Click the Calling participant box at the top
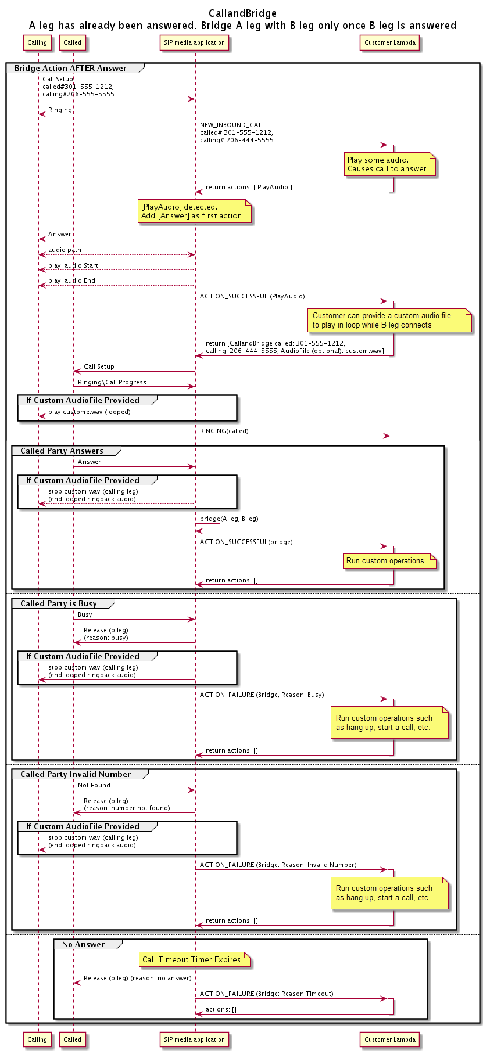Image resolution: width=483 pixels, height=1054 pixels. click(37, 42)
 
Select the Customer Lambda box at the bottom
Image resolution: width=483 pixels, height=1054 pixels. click(390, 1039)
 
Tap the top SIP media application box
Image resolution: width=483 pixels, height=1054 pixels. click(194, 42)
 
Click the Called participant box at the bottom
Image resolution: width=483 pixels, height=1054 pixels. click(73, 1039)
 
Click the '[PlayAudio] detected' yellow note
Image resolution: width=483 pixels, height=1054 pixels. click(194, 211)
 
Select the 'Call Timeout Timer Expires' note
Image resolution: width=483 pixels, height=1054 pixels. click(194, 960)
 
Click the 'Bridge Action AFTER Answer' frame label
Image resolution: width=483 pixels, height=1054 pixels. click(70, 68)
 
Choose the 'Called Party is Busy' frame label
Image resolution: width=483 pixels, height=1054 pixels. click(58, 603)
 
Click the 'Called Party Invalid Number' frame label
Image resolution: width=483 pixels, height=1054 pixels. click(76, 774)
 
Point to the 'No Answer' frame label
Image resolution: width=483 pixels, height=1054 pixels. click(83, 944)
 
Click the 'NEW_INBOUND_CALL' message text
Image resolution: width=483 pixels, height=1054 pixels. click(232, 125)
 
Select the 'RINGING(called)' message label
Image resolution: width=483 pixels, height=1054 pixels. click(224, 431)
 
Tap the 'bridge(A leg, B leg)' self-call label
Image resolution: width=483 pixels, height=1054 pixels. click(229, 519)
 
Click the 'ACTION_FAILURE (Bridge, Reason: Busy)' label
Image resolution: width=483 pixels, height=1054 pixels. click(262, 695)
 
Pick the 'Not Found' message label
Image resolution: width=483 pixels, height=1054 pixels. click(94, 785)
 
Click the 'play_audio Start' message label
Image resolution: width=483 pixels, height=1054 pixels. click(73, 265)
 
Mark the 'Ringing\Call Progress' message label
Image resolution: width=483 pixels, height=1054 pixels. click(112, 382)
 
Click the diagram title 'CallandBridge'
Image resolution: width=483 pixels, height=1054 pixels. click(242, 13)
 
